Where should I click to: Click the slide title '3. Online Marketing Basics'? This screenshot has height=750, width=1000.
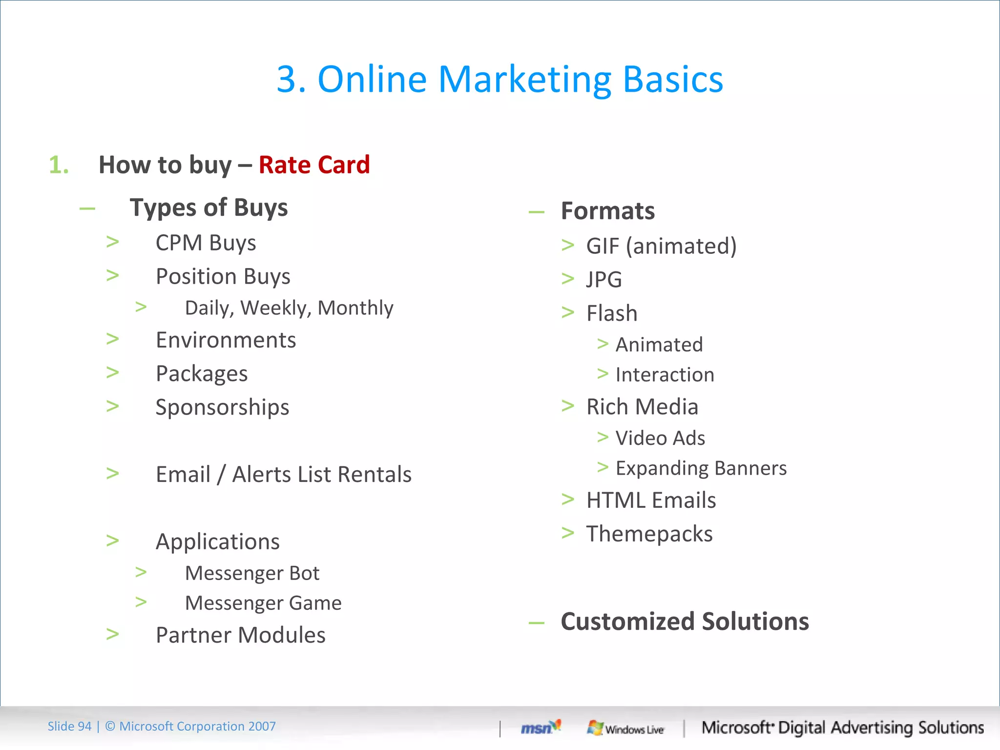tap(500, 79)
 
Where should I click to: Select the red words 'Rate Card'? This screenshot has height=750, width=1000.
tap(314, 165)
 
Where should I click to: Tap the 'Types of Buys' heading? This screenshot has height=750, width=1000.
tap(208, 208)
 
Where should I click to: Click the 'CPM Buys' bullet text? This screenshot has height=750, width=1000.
tap(206, 243)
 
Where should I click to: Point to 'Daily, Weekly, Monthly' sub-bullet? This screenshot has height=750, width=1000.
tap(289, 308)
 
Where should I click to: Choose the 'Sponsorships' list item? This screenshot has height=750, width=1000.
tap(222, 407)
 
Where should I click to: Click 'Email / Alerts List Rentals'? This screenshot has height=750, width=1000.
tap(283, 474)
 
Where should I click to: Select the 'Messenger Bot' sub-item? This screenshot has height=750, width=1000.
tap(252, 573)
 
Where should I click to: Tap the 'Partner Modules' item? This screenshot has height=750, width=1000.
tap(240, 635)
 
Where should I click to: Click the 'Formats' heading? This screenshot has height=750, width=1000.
tap(607, 211)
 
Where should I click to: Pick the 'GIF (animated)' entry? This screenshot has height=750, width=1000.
tap(661, 246)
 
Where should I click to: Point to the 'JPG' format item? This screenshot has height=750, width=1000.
tap(604, 280)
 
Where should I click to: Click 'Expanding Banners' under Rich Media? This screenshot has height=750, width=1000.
tap(701, 468)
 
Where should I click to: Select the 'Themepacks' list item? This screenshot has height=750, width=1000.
tap(649, 534)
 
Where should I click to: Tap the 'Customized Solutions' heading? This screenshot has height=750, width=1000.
tap(685, 622)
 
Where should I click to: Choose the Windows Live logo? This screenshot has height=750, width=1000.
tap(625, 728)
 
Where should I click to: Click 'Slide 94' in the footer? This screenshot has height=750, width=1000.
tap(69, 727)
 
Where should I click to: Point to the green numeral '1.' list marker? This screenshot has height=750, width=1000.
tap(59, 165)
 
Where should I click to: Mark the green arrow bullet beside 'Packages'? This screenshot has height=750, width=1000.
tap(113, 373)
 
